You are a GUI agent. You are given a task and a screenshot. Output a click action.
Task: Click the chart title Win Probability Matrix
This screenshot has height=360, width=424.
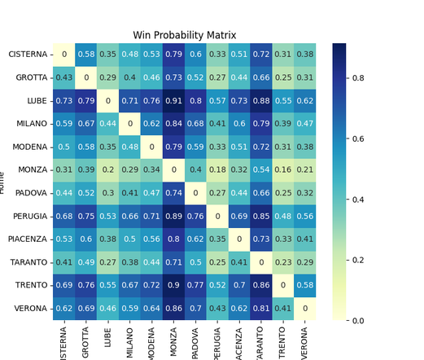point(184,35)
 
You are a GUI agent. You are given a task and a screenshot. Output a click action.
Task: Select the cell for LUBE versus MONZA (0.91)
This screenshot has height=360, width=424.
point(173,100)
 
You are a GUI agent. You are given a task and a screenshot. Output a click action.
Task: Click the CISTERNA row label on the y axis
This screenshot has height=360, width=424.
point(28,55)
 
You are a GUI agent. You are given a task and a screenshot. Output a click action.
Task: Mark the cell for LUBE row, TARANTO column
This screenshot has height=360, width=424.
point(261,100)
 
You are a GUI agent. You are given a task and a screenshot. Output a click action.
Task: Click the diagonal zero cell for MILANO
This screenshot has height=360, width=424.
point(129,124)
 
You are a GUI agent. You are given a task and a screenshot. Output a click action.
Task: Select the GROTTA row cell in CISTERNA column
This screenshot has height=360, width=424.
point(63,77)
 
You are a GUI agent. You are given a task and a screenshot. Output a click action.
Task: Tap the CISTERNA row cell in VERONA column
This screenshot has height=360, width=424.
point(305,55)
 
